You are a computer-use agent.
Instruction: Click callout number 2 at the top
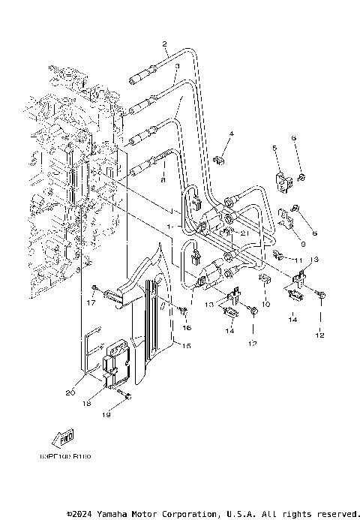164,44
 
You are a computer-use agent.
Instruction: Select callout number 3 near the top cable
175,67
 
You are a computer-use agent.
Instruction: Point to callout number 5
274,148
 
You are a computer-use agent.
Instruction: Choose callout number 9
302,244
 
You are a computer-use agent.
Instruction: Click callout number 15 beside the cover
187,346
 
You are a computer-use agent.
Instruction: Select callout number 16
187,328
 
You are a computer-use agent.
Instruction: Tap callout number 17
94,303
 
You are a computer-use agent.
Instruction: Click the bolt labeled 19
128,395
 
